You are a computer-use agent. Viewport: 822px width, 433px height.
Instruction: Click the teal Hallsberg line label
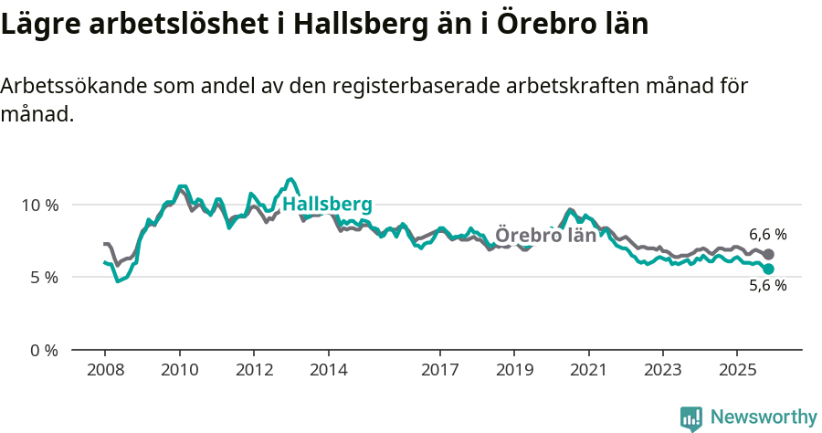click(327, 204)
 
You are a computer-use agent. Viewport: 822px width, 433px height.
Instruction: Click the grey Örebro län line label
click(545, 235)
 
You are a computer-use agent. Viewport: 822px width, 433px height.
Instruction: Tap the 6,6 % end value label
click(767, 235)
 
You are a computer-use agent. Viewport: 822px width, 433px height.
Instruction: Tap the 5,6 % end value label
click(767, 285)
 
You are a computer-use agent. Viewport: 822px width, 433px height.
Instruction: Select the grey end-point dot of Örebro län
click(769, 254)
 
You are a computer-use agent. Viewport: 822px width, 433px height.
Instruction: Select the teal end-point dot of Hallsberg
click(769, 269)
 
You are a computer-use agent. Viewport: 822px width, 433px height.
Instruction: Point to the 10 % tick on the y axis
click(40, 205)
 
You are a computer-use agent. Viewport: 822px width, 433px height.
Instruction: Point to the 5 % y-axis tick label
click(44, 277)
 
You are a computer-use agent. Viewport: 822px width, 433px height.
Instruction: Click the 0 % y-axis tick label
click(44, 350)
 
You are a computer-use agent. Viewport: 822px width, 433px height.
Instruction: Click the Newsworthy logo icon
click(691, 417)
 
